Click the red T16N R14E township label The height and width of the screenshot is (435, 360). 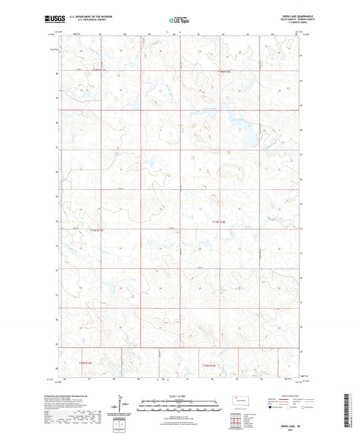coord(213,365)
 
